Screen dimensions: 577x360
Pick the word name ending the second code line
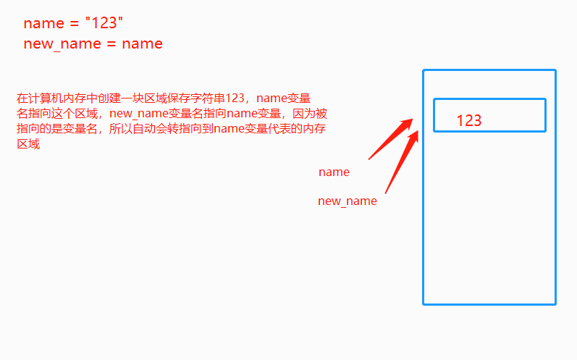(x=142, y=44)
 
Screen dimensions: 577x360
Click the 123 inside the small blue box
(x=469, y=121)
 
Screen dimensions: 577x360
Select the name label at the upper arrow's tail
(x=334, y=172)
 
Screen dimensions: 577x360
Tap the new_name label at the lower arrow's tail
(x=348, y=201)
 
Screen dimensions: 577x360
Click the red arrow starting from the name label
(x=391, y=139)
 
